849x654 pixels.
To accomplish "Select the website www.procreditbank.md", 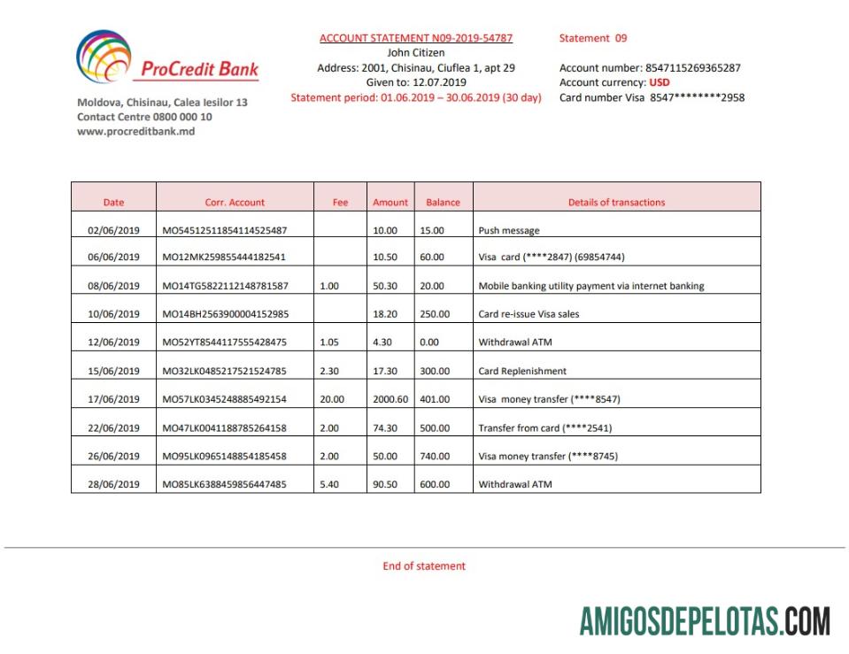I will pyautogui.click(x=135, y=132).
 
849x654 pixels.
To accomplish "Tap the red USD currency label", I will pyautogui.click(x=660, y=83).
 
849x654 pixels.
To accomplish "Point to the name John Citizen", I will pyautogui.click(x=416, y=53).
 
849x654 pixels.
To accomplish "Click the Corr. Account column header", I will pyautogui.click(x=235, y=203).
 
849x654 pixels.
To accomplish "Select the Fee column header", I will pyautogui.click(x=340, y=203).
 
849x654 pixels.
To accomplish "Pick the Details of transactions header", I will pyautogui.click(x=616, y=203).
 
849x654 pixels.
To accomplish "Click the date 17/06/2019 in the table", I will pyautogui.click(x=113, y=399).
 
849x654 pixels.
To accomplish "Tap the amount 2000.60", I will pyautogui.click(x=390, y=399).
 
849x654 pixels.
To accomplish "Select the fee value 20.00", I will pyautogui.click(x=332, y=399).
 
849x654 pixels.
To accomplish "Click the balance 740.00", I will pyautogui.click(x=435, y=457).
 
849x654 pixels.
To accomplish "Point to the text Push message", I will pyautogui.click(x=509, y=231).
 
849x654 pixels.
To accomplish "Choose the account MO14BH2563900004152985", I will pyautogui.click(x=226, y=314).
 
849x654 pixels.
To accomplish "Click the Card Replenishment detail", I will pyautogui.click(x=522, y=371).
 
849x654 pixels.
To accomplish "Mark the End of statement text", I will pyautogui.click(x=424, y=566).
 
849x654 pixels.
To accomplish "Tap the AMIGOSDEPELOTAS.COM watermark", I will pyautogui.click(x=705, y=621).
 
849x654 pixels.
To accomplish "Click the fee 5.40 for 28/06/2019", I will pyautogui.click(x=328, y=485).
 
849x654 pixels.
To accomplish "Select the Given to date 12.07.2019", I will pyautogui.click(x=441, y=83).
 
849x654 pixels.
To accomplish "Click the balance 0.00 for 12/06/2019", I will pyautogui.click(x=431, y=342).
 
